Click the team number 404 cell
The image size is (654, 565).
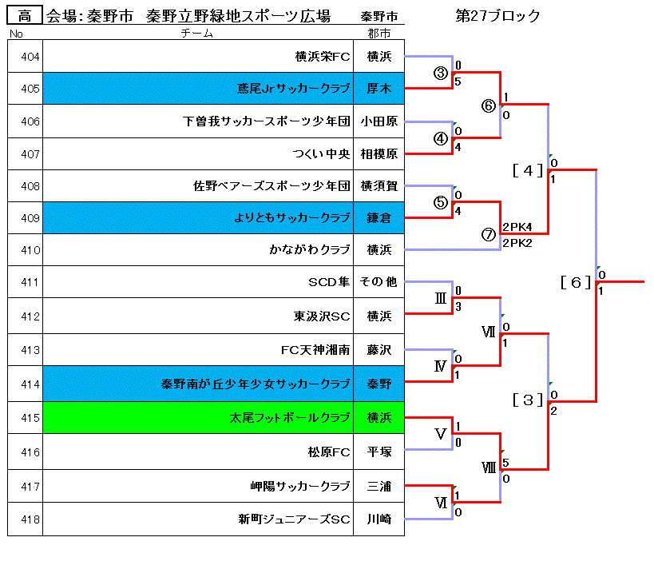click(x=25, y=57)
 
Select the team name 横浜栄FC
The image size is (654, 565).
click(x=323, y=57)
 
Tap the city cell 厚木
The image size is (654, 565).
click(x=379, y=89)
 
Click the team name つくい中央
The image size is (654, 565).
click(x=322, y=153)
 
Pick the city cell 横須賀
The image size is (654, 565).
click(x=379, y=186)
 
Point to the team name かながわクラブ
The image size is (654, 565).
click(x=310, y=250)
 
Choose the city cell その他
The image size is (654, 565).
click(x=379, y=282)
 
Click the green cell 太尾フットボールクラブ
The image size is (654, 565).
click(x=290, y=417)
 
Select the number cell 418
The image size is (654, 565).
click(x=25, y=519)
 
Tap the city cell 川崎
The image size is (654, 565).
click(x=379, y=519)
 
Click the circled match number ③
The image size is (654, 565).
click(x=441, y=73)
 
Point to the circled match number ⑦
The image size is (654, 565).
click(x=489, y=234)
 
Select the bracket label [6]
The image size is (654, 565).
click(x=575, y=281)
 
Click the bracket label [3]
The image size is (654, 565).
click(x=527, y=400)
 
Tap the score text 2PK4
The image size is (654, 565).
click(x=517, y=227)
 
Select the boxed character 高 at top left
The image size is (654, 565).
click(x=24, y=15)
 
